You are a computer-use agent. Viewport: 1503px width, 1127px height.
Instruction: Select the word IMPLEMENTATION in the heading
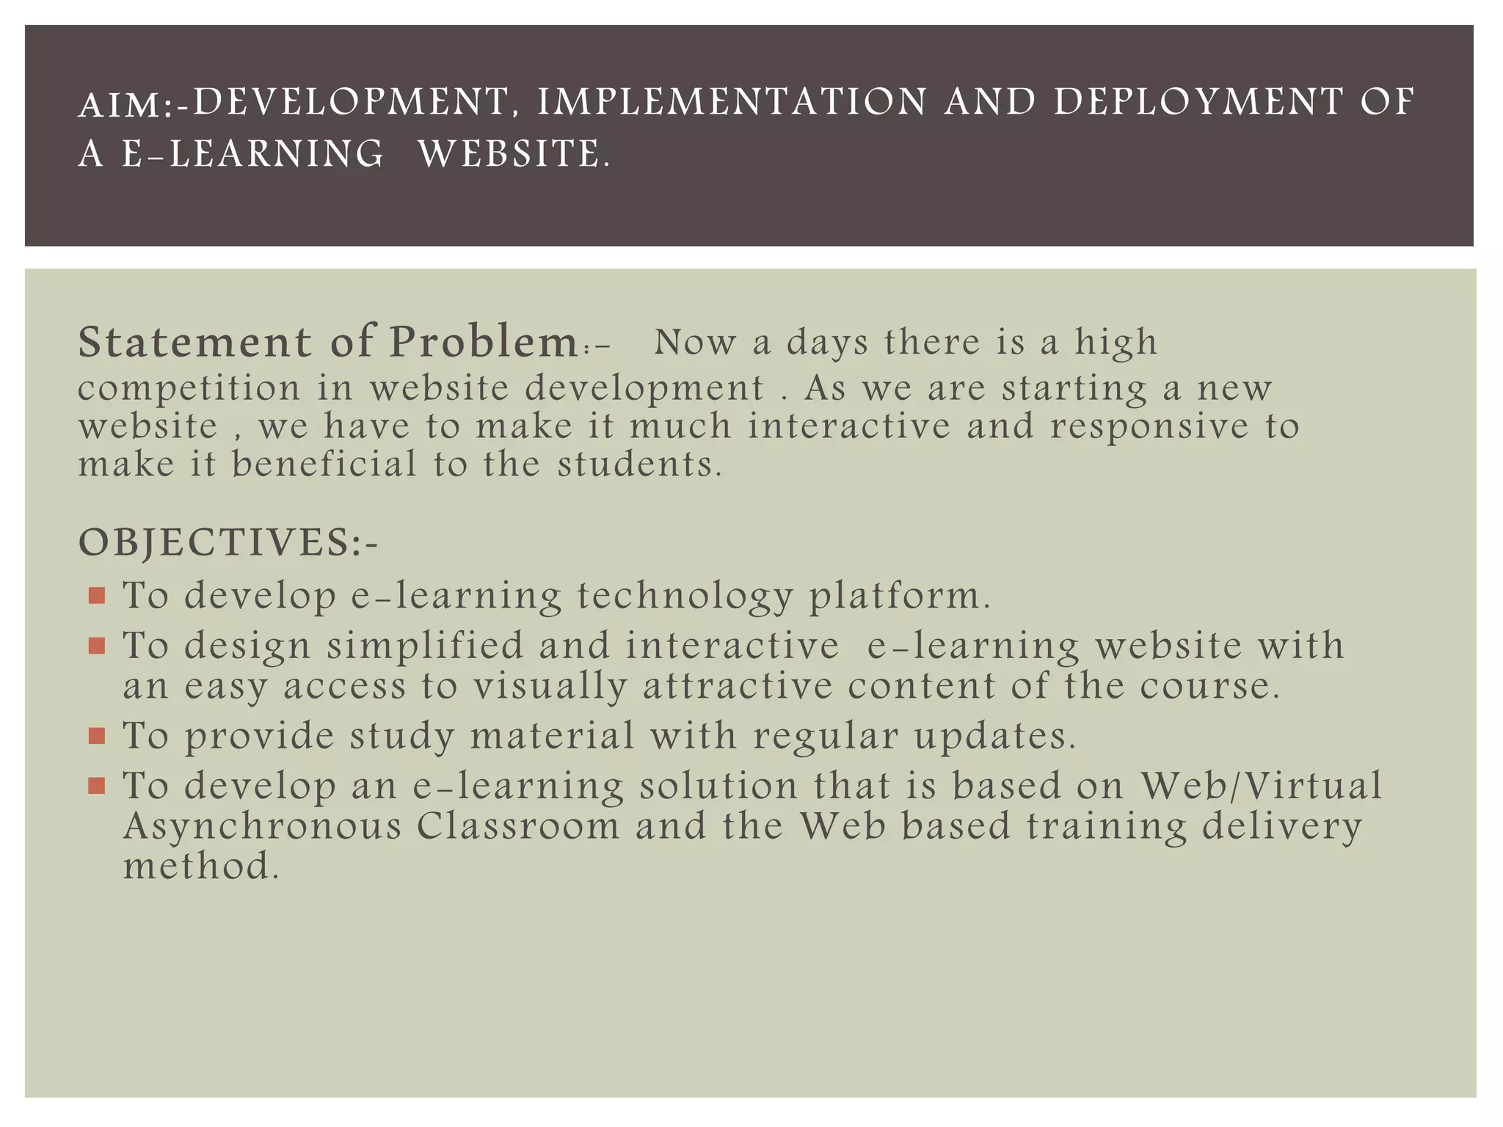(x=732, y=102)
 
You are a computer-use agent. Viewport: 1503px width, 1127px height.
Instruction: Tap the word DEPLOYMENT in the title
(x=1198, y=102)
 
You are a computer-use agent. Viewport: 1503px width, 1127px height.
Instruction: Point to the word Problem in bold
(x=484, y=343)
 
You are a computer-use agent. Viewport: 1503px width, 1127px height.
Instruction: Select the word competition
(x=189, y=389)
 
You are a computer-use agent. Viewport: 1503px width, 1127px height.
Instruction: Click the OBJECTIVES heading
(x=228, y=543)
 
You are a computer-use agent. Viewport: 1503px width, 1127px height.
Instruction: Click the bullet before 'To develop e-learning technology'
(x=96, y=595)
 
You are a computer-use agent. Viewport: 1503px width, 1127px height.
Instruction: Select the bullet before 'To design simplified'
(x=96, y=646)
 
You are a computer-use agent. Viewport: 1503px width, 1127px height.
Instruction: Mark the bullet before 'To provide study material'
(x=96, y=736)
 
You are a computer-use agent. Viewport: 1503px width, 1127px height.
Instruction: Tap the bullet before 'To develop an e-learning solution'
(x=96, y=787)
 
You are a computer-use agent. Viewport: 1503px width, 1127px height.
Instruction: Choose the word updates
(x=995, y=736)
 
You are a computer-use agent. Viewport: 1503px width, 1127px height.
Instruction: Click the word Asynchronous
(x=263, y=827)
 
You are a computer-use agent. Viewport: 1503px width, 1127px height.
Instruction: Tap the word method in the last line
(x=201, y=867)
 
